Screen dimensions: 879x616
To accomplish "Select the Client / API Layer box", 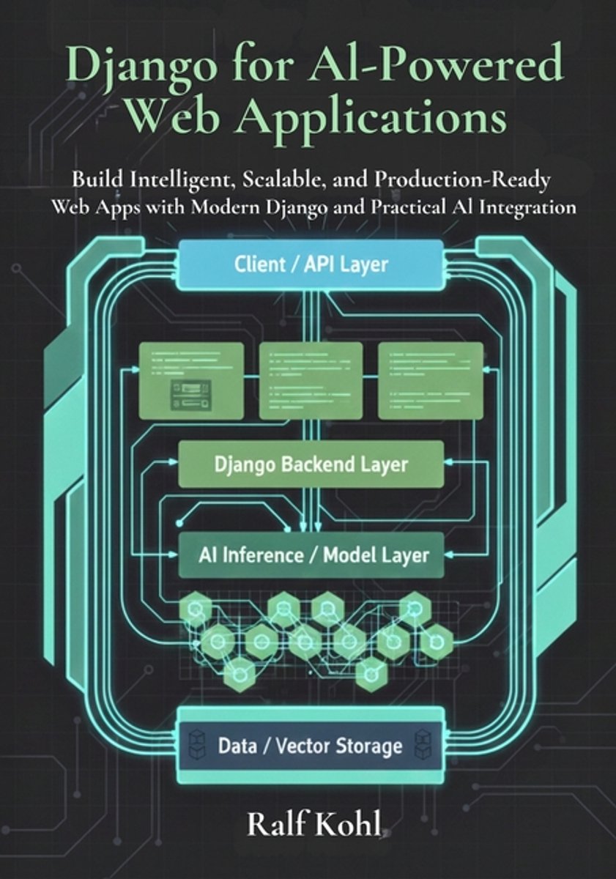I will (x=311, y=264).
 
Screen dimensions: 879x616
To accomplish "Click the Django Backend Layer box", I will (x=311, y=464).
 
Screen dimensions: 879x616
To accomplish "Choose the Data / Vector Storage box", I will (x=311, y=746).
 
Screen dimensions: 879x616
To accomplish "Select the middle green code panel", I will (x=311, y=380).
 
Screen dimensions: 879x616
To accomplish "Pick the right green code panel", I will (x=431, y=380).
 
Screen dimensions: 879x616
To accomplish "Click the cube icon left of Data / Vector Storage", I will (x=196, y=746).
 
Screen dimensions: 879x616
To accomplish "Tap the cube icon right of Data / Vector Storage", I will (x=426, y=746).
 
